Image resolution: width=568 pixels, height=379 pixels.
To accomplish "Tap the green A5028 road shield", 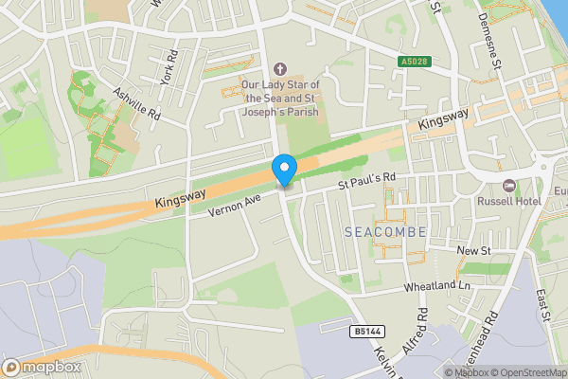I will (411, 62).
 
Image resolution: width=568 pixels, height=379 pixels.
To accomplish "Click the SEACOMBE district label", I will (386, 232).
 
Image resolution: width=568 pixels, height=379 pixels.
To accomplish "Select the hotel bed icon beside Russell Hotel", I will (508, 184).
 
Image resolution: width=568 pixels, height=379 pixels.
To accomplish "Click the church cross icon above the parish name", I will (278, 68).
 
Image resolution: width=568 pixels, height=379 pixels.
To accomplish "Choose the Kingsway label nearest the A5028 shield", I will (444, 120).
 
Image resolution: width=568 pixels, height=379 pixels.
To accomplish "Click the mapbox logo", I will (41, 367).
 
